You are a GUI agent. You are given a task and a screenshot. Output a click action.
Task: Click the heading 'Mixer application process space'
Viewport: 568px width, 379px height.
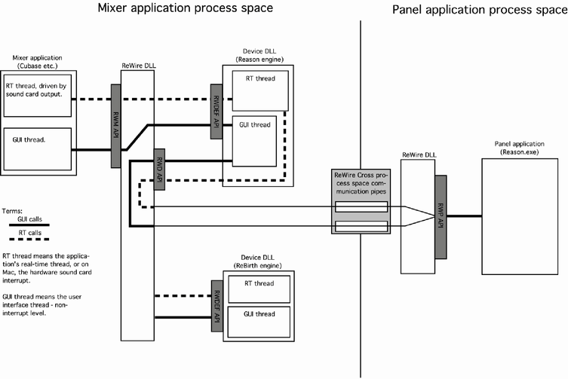185,9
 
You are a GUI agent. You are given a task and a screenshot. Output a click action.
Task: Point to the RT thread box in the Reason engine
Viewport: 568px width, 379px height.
256,90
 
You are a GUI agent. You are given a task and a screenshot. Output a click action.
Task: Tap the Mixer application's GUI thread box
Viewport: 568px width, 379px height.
36,148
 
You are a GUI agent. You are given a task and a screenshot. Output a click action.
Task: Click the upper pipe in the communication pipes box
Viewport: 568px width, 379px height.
362,206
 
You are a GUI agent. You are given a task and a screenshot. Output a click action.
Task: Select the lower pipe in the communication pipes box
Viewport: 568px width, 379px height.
362,225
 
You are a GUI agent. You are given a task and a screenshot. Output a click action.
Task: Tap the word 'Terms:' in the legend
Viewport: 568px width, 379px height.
13,212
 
